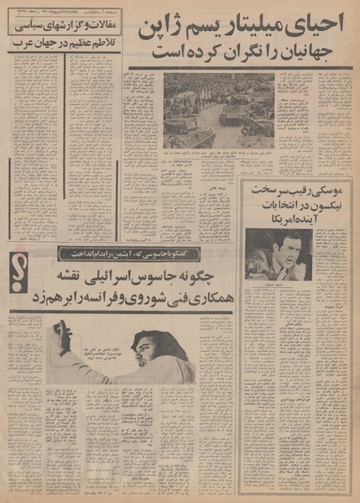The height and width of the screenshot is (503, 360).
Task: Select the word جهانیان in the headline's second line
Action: tap(310, 52)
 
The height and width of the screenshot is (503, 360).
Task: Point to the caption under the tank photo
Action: tap(218, 155)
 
